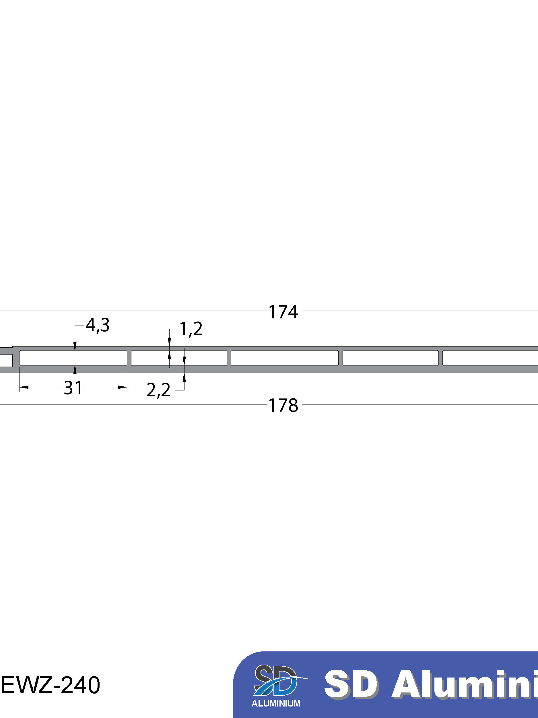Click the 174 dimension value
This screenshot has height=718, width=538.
pos(283,312)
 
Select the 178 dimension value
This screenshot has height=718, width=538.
pos(283,405)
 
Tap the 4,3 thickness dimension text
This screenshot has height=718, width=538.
pos(97,325)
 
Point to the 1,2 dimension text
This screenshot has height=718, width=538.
pos(191,329)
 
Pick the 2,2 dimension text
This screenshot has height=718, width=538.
pos(158,390)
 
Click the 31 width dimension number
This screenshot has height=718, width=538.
pos(73,388)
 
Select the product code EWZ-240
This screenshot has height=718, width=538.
pos(51,685)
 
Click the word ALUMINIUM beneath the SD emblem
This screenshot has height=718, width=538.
pos(276,704)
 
